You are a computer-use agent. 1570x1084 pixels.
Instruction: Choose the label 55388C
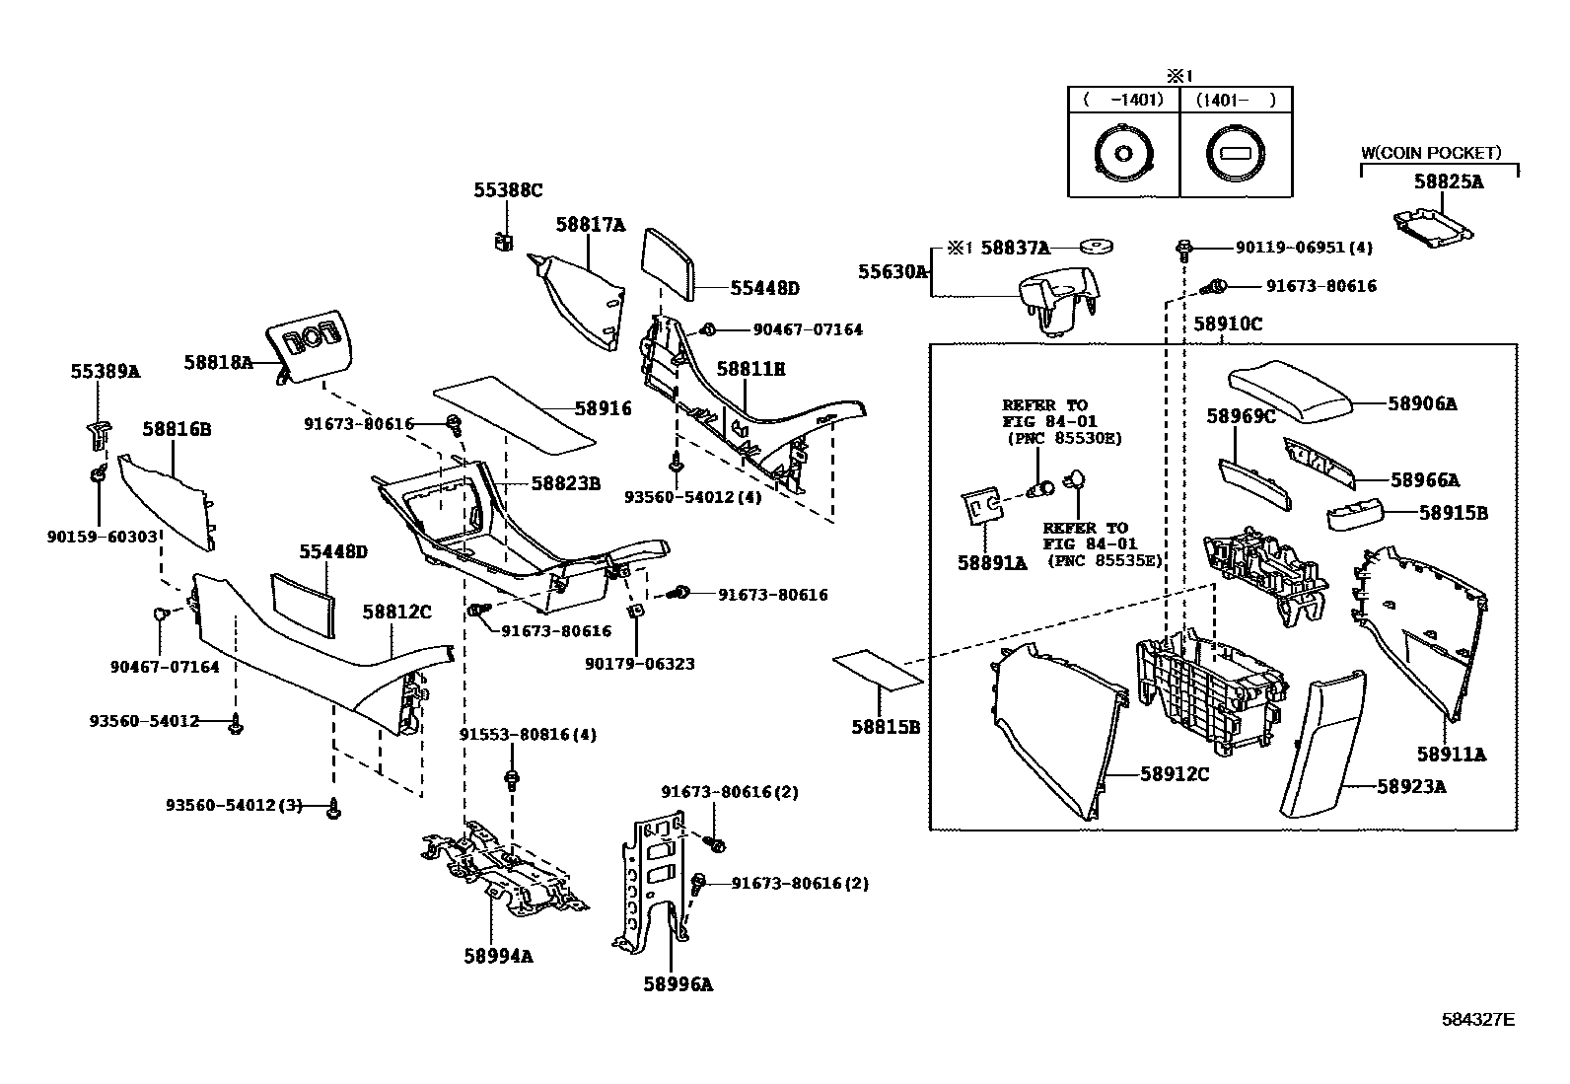507,190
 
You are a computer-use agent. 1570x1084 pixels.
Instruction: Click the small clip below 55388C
504,240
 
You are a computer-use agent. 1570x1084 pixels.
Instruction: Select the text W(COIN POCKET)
1430,153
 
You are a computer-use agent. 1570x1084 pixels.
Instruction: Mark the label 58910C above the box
1228,324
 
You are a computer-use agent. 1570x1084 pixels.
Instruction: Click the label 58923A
1411,786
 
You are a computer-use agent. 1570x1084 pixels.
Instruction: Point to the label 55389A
105,371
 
